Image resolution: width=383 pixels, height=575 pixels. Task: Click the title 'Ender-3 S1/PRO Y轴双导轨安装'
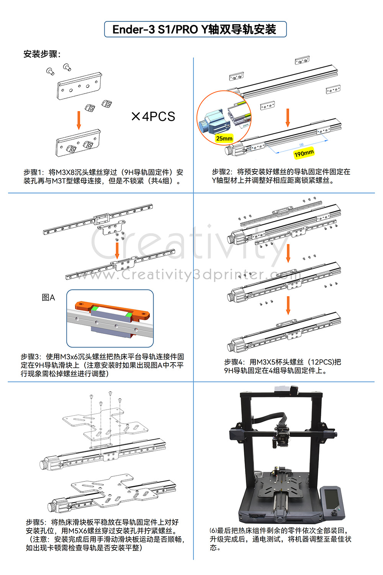(x=195, y=30)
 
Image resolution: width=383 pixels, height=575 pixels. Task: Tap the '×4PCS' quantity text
(x=153, y=117)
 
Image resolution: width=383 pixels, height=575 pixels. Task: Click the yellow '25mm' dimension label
(x=224, y=138)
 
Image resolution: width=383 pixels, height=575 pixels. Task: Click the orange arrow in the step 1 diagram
(x=79, y=120)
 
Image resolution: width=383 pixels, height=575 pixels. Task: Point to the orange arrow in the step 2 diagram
(x=288, y=117)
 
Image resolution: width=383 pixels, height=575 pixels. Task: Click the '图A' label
(x=48, y=297)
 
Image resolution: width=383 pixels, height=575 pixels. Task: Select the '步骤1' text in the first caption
(x=33, y=172)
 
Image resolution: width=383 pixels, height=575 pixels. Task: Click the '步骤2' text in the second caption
(x=221, y=172)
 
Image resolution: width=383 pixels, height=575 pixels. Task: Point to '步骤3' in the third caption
(x=30, y=356)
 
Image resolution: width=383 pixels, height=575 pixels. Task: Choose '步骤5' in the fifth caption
(x=35, y=522)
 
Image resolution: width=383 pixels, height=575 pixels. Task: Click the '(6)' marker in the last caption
(x=213, y=531)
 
